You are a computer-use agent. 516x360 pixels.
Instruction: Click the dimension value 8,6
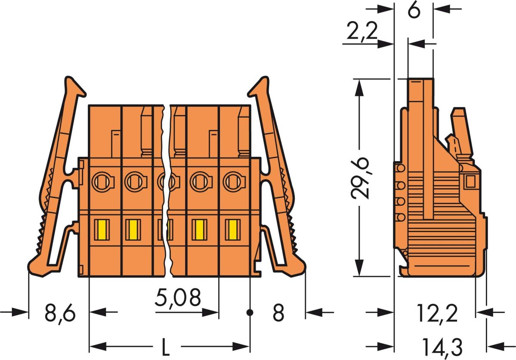pos(60,313)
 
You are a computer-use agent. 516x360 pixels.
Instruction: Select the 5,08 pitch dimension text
pos(178,298)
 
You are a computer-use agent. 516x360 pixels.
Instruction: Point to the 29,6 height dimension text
pos(361,177)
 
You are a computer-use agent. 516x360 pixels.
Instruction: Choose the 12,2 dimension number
pos(437,313)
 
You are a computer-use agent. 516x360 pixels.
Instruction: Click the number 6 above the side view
pos(414,11)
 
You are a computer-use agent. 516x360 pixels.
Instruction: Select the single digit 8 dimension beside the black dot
pos(278,313)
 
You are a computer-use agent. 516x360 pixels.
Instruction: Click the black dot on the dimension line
pos(250,312)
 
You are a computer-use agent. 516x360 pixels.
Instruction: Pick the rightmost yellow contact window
pos(233,230)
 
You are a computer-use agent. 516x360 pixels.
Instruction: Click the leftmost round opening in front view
pos(102,181)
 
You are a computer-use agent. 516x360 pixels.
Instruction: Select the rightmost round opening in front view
pos(233,181)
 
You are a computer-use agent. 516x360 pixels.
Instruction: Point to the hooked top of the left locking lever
pos(73,86)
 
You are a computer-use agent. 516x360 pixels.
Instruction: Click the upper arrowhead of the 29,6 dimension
pos(360,86)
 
